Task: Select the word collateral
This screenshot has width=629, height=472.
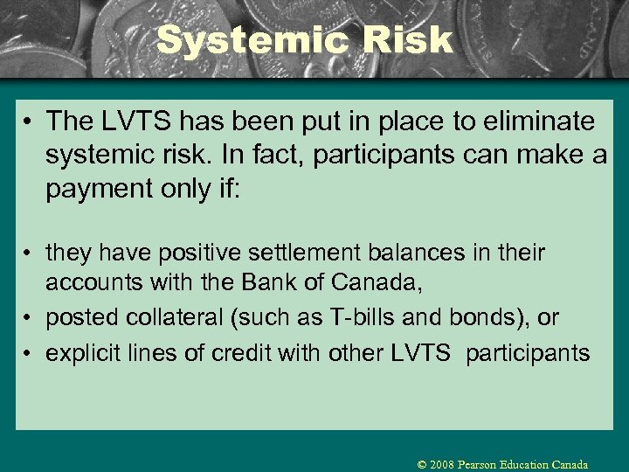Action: pos(169,318)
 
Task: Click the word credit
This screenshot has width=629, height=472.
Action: pos(234,353)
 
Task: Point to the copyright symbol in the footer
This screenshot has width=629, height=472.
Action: pos(422,465)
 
